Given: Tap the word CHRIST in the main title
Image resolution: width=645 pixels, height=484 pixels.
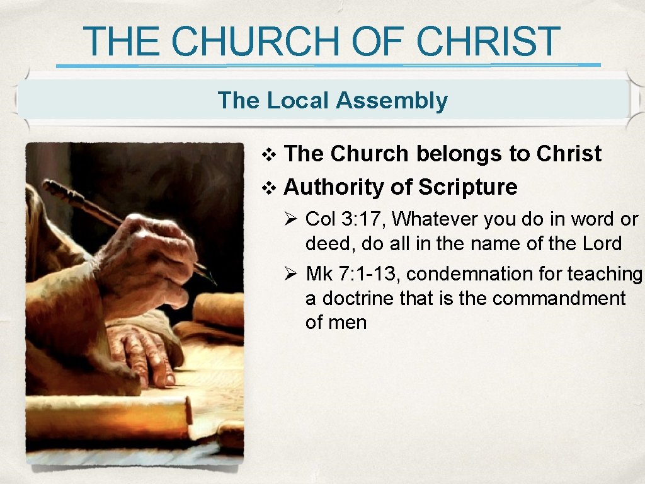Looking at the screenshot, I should [x=488, y=42].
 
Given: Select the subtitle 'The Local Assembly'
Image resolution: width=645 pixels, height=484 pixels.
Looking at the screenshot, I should [x=332, y=100].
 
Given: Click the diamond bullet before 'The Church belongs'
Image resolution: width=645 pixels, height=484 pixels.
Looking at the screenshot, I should [x=268, y=154].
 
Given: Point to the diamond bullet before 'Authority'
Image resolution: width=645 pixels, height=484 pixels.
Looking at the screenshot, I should [x=268, y=188].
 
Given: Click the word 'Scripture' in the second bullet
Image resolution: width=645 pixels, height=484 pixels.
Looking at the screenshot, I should [x=467, y=187].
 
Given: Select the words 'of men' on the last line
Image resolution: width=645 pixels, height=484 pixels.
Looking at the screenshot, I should [x=336, y=322].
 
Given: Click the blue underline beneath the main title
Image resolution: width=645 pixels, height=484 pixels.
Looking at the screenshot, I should [x=328, y=65].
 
